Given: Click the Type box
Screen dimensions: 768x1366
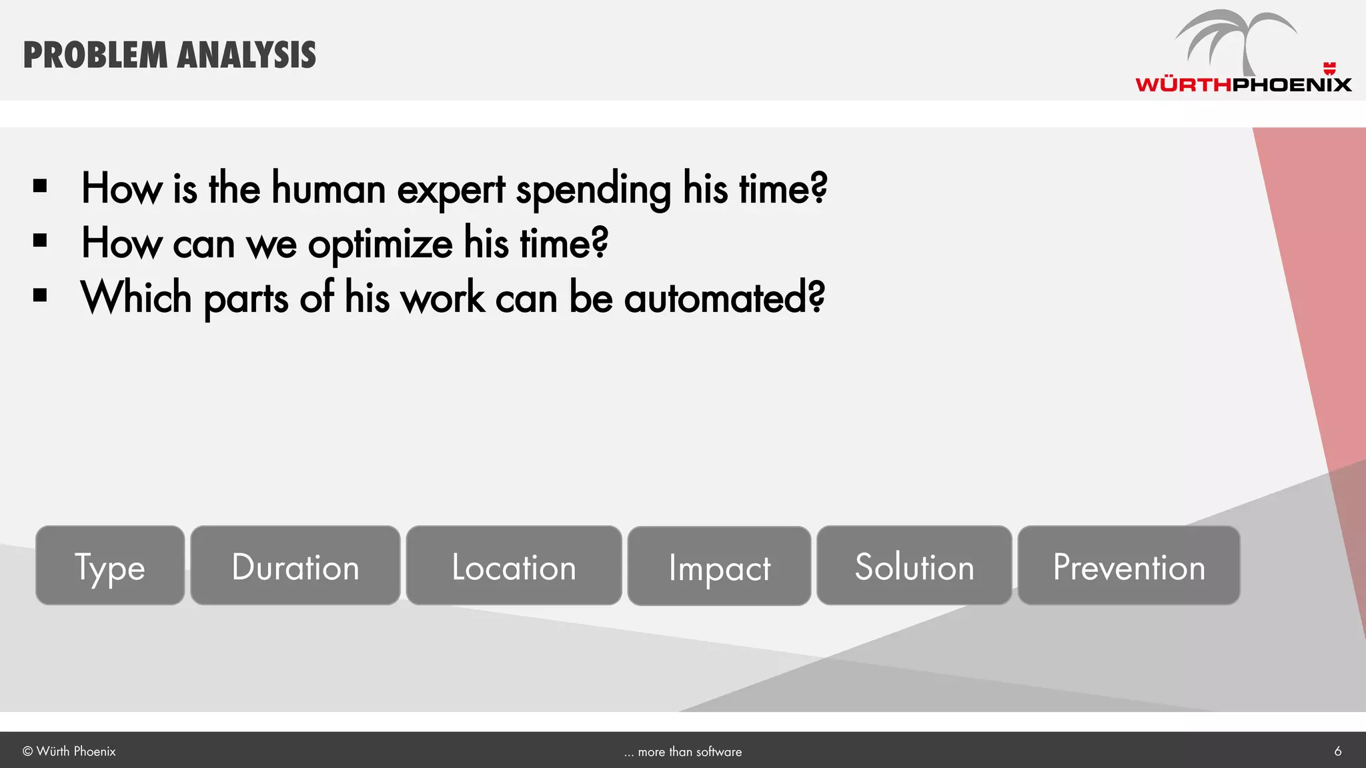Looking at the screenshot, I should coord(110,565).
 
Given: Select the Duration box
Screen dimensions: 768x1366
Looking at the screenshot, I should coord(295,565).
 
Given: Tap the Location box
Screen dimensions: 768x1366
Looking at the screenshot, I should coord(514,565).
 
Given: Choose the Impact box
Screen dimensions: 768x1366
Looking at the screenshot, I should coord(719,566).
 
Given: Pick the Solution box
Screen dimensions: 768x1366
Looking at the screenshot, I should coord(914,565).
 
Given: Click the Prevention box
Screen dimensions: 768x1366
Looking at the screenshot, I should coord(1129,565).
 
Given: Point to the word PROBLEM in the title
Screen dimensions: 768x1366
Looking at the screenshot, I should coord(95,55).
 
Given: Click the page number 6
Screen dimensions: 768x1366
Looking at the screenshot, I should coord(1337,751).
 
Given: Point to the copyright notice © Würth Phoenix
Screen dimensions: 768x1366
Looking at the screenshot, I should coord(69,751).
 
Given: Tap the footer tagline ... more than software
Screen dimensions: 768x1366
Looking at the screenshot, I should coord(683,752).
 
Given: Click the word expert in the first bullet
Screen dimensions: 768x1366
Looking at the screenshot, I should coord(451,189).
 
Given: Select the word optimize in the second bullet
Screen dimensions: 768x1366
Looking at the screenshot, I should coord(380,244).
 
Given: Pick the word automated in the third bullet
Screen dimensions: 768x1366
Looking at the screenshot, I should coord(724,298).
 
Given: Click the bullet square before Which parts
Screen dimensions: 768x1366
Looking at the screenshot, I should coord(40,295).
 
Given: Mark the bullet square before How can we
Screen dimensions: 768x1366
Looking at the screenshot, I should coord(40,241).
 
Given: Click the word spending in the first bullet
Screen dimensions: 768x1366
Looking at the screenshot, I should coord(594,189).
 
